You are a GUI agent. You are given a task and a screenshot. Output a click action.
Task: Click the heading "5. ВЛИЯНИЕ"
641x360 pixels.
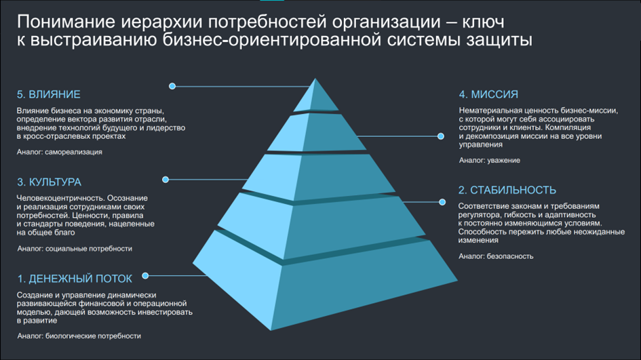coord(48,94)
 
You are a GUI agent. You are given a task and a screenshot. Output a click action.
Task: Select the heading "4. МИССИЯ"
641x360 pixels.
coord(488,94)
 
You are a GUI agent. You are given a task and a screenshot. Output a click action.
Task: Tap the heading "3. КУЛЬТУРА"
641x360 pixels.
coord(49,182)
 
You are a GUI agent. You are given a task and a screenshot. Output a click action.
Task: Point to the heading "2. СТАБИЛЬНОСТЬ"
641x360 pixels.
coord(507,190)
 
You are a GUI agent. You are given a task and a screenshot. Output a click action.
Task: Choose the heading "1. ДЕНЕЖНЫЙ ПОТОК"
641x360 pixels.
coord(75,279)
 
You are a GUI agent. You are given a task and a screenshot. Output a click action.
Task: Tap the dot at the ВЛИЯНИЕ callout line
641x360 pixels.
coord(172,86)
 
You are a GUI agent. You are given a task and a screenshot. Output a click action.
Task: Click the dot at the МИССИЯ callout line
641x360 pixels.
coord(441,136)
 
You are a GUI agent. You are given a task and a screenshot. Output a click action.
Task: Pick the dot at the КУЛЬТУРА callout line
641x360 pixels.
coord(166,180)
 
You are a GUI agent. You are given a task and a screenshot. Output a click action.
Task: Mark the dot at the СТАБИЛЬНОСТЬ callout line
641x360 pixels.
coord(442,202)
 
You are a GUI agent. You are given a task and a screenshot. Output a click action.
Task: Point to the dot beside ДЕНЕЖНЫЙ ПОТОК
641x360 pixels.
coord(145,276)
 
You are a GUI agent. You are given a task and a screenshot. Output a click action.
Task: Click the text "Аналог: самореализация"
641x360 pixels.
coord(60,152)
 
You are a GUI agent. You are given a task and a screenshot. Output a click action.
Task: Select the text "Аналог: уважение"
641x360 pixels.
coord(489,160)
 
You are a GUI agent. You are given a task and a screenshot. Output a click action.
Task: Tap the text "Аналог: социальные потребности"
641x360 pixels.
coord(75,248)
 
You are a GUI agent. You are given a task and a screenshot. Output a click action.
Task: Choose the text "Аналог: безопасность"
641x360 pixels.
coord(496,256)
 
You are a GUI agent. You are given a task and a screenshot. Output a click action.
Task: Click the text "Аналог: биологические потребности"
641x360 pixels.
coord(79,336)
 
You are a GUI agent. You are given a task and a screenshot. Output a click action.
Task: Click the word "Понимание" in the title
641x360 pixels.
coord(66,22)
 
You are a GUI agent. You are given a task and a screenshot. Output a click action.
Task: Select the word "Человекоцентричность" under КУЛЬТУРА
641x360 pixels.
coord(60,198)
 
